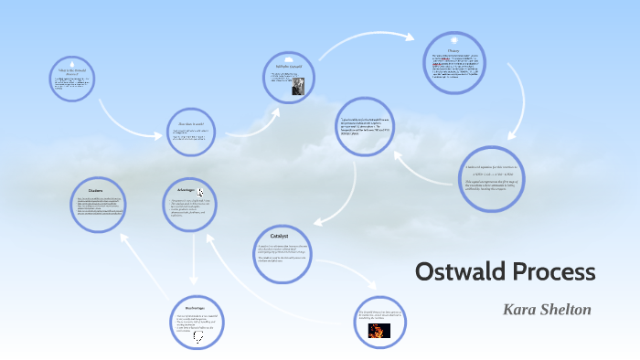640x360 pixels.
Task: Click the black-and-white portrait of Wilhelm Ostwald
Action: [298, 88]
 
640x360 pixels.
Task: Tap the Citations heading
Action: [94, 191]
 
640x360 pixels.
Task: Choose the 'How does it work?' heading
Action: [191, 122]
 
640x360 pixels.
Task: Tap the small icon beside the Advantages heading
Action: [201, 192]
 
